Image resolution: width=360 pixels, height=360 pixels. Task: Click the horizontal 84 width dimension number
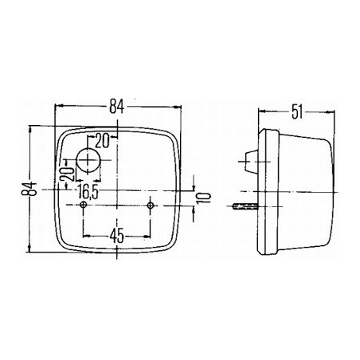tap(117, 107)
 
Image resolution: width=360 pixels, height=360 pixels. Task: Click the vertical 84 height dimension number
tap(29, 189)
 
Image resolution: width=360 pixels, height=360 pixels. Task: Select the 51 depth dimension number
tap(297, 112)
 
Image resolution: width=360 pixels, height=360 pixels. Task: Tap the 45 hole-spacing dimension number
tap(117, 236)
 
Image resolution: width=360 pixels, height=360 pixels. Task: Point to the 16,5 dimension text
tap(88, 193)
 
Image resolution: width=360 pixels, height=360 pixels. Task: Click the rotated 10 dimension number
tap(205, 198)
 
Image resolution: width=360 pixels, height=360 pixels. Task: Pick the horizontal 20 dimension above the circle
tap(102, 141)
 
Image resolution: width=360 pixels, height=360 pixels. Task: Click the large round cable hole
tap(88, 160)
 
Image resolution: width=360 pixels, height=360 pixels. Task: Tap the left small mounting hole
tap(84, 205)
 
